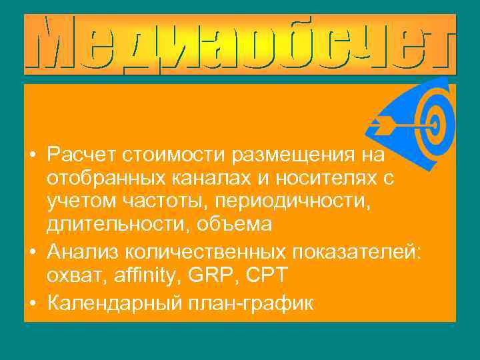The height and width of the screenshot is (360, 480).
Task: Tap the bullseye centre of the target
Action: tap(434, 123)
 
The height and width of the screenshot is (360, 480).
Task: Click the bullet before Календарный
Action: tap(33, 303)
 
